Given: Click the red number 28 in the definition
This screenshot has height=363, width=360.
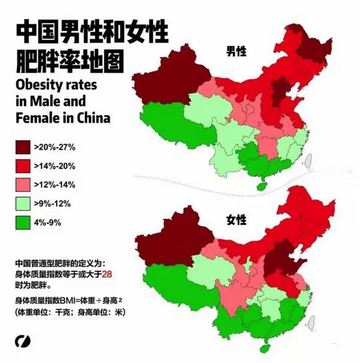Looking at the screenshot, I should point(106,274).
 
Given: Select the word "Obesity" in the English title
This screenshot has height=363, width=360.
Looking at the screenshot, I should point(37,85).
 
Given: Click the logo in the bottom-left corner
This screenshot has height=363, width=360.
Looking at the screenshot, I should point(22,341).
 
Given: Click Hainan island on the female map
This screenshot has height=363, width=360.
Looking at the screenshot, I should point(265,348).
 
